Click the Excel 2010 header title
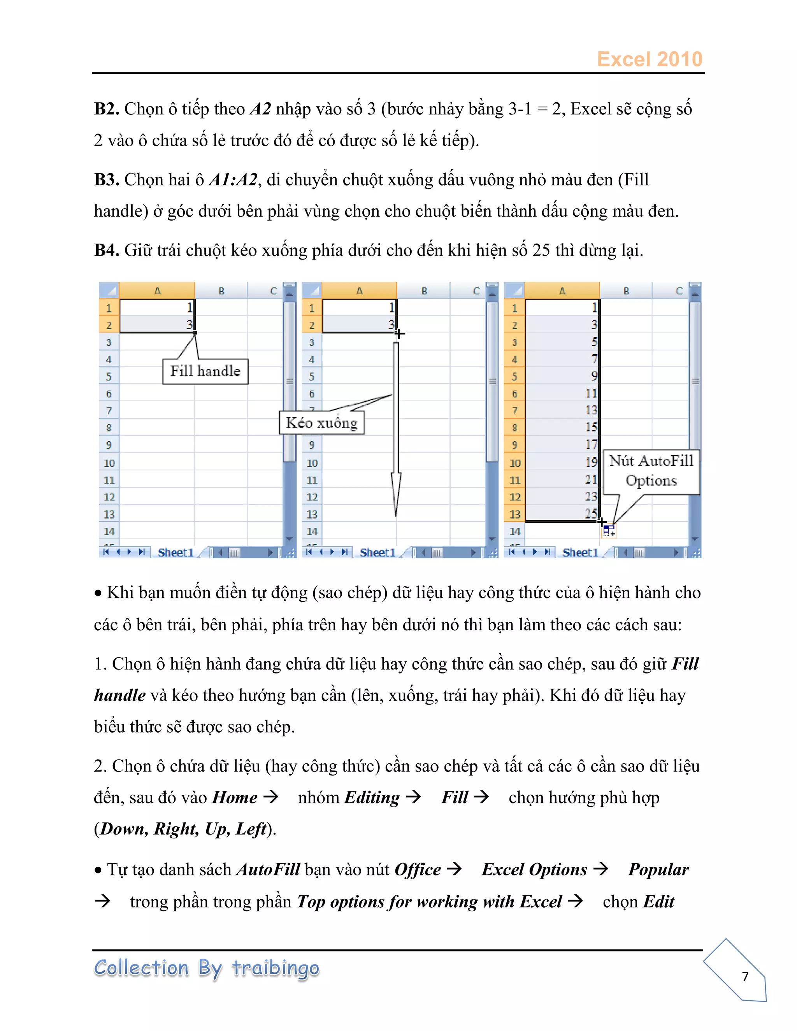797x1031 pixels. click(649, 60)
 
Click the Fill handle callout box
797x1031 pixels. click(205, 372)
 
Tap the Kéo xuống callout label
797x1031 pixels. click(321, 423)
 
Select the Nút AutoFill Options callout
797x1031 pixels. click(651, 471)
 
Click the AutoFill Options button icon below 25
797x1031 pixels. click(609, 531)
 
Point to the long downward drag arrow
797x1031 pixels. click(396, 425)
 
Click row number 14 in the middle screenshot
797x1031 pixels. click(312, 531)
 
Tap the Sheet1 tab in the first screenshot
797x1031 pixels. click(175, 552)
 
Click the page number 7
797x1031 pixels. click(745, 976)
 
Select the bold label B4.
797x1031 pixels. click(107, 250)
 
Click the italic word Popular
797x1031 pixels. click(658, 870)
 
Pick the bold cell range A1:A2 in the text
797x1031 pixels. click(233, 180)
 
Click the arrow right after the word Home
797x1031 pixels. click(271, 797)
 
